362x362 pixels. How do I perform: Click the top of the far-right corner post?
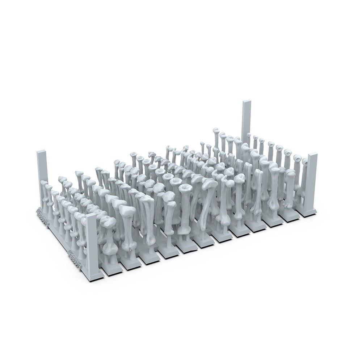(312, 155)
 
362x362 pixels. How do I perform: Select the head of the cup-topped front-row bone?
(185, 189)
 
